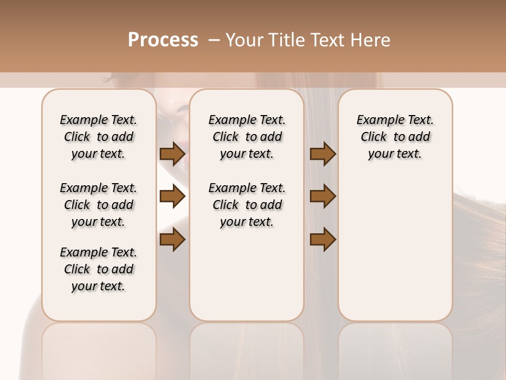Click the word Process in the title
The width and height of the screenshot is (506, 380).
click(x=163, y=40)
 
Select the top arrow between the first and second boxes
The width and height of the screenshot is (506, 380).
click(x=172, y=154)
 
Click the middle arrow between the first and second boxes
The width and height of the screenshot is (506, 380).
click(x=172, y=197)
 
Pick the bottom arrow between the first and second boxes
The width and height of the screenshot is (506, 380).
click(x=172, y=239)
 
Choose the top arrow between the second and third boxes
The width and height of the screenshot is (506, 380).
click(x=323, y=154)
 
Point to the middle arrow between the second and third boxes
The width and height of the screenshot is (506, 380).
click(x=323, y=197)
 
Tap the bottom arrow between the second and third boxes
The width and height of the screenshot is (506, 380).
click(x=323, y=239)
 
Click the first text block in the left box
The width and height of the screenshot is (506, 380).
click(x=99, y=137)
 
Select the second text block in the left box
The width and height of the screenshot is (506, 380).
click(x=99, y=205)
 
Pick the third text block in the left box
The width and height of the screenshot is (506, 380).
click(x=99, y=269)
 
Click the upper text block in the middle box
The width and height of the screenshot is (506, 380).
click(x=247, y=137)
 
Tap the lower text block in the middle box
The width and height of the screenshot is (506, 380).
click(x=247, y=205)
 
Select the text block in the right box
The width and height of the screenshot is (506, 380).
click(x=395, y=137)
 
